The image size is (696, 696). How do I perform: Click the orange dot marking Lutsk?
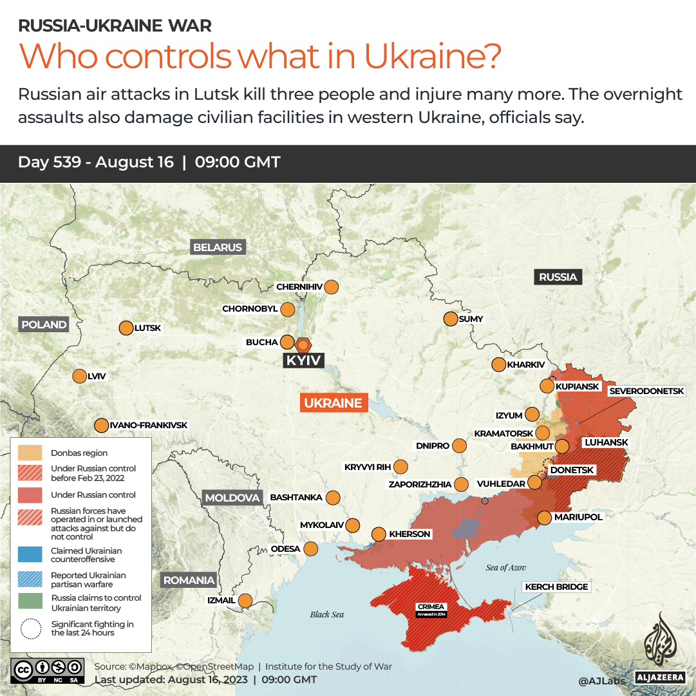[x=126, y=328]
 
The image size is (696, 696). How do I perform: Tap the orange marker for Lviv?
[x=80, y=376]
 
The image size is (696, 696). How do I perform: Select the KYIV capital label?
[x=303, y=361]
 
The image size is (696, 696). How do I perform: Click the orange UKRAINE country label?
[x=334, y=403]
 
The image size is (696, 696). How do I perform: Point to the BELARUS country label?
[x=218, y=247]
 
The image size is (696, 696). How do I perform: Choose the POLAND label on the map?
[x=44, y=324]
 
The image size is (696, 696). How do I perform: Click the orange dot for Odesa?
[x=311, y=549]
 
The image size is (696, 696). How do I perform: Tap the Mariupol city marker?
[x=544, y=517]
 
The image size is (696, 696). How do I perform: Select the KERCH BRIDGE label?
[x=556, y=587]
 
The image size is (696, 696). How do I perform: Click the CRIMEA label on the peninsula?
[x=431, y=607]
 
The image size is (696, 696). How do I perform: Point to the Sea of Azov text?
[x=505, y=567]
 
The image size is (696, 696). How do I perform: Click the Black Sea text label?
[x=327, y=614]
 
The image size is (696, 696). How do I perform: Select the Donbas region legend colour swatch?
[x=30, y=453]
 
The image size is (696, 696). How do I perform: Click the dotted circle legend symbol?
[x=30, y=628]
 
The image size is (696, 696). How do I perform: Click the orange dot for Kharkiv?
[x=498, y=364]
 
